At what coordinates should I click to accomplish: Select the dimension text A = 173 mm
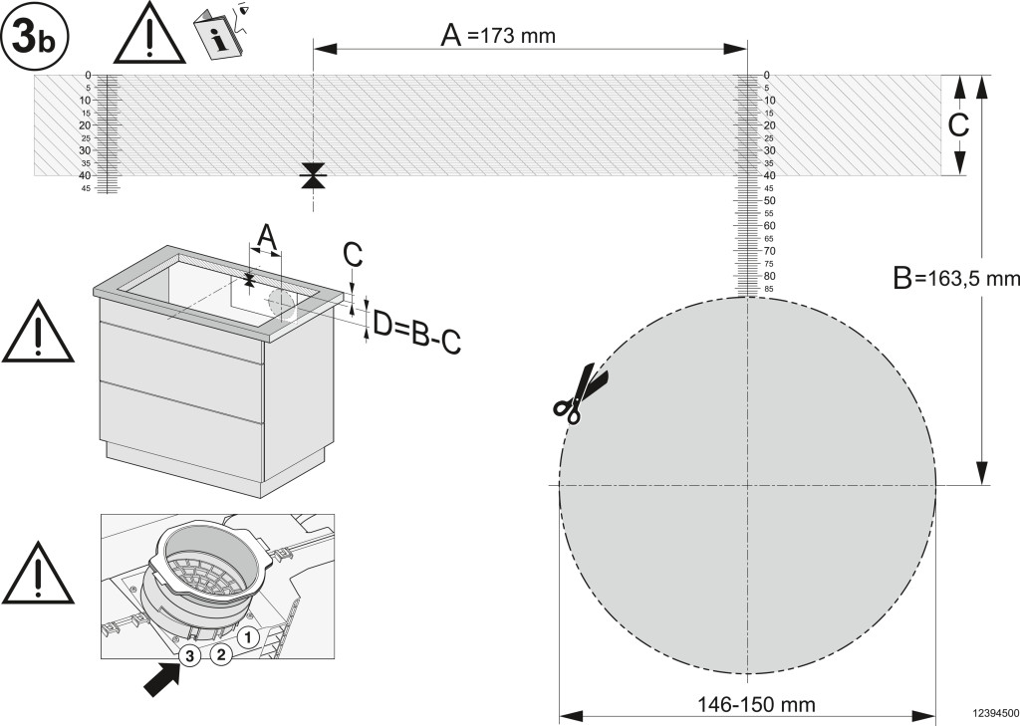pos(498,36)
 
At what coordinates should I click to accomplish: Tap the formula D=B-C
pos(416,331)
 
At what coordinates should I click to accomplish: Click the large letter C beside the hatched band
pos(958,124)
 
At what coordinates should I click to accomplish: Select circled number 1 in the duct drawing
pos(248,633)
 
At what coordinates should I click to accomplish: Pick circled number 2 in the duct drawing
pos(221,653)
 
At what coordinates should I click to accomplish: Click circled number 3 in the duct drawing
pos(189,653)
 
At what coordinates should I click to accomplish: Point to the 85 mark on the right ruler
pos(768,289)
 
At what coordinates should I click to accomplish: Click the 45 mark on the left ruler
pos(86,188)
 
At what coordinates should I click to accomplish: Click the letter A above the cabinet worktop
pos(265,237)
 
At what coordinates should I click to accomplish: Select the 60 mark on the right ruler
pos(768,226)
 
